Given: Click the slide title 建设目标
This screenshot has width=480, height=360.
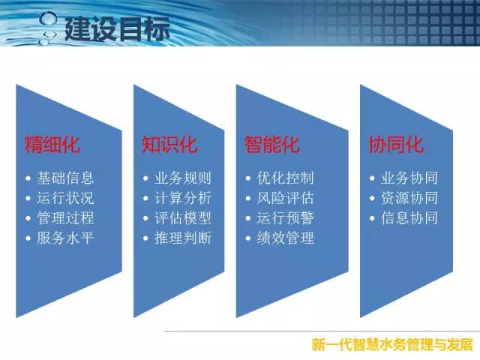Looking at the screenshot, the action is [117, 28].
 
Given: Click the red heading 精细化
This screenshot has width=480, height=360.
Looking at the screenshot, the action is [52, 144].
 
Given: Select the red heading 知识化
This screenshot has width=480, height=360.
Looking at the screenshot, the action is [169, 144].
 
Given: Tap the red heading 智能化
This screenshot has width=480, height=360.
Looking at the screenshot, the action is [272, 144].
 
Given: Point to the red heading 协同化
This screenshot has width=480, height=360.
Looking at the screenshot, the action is [397, 144].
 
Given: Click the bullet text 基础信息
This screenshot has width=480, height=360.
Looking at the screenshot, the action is [65, 178].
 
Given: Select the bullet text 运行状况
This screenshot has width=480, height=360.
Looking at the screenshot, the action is [65, 198].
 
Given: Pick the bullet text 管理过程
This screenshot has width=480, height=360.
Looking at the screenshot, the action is [65, 218].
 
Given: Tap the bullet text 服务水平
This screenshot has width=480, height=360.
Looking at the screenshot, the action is [65, 238].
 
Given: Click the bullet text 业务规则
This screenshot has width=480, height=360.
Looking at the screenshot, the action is [183, 178].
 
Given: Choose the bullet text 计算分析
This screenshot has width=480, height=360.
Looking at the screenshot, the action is [183, 198].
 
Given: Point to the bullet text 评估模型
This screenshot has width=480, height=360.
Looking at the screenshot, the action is [183, 218].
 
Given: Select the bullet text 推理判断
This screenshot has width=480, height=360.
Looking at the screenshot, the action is [183, 238].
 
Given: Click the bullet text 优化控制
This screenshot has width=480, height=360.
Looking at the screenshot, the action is [285, 178].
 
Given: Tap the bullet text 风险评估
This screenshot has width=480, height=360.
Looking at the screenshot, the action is [285, 198].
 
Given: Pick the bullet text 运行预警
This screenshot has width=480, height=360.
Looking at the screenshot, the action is [285, 218].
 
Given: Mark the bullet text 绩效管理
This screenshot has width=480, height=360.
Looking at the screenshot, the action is [285, 238].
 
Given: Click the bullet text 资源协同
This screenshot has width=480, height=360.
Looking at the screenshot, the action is [409, 198].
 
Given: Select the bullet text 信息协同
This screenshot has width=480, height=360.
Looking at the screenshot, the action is [409, 218].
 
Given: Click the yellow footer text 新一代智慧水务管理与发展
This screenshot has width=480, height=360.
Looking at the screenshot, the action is [392, 345].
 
